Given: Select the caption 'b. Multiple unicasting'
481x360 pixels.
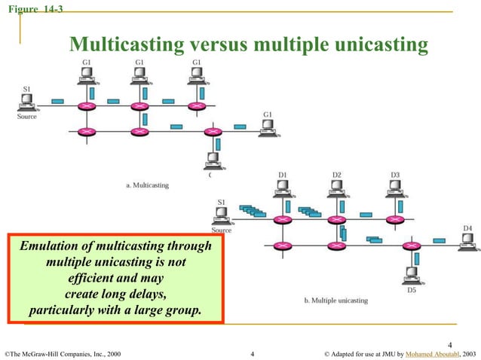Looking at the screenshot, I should (x=336, y=301).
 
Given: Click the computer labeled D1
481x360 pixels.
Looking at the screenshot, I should (x=283, y=193).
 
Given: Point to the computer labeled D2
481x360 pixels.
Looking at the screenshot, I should (x=337, y=193).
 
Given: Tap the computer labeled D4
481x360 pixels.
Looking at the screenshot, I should (x=467, y=240).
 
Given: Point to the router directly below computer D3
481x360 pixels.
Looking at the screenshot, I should (x=391, y=220).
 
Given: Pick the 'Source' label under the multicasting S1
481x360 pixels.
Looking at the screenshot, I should (x=27, y=117).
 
